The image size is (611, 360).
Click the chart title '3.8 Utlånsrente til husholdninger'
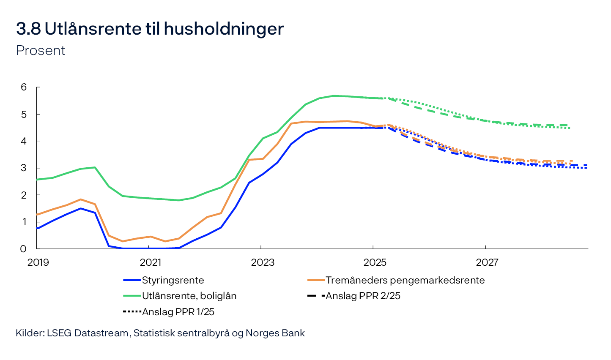(x=150, y=29)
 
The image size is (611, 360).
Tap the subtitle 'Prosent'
(x=41, y=50)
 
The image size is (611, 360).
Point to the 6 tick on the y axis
(x=24, y=87)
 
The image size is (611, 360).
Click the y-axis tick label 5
(x=24, y=115)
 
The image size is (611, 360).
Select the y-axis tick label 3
(x=24, y=168)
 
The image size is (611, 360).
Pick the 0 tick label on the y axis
(x=24, y=249)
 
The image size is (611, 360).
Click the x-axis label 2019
(x=38, y=262)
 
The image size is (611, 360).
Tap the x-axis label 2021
(x=151, y=262)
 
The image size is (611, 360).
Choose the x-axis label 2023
(x=263, y=262)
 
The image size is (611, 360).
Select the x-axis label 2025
(x=375, y=262)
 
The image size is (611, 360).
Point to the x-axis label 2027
(x=487, y=262)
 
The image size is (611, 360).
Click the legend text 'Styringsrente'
(x=173, y=280)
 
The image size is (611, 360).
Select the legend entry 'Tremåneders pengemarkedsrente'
(x=405, y=280)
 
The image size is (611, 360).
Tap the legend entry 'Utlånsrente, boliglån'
(x=189, y=296)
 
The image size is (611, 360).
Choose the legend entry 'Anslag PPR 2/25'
(x=363, y=296)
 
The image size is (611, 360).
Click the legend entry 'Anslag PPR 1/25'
(x=178, y=312)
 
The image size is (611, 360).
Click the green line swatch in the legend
(x=132, y=296)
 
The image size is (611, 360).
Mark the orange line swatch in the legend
(x=316, y=280)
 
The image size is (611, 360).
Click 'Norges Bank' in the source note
(x=275, y=333)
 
